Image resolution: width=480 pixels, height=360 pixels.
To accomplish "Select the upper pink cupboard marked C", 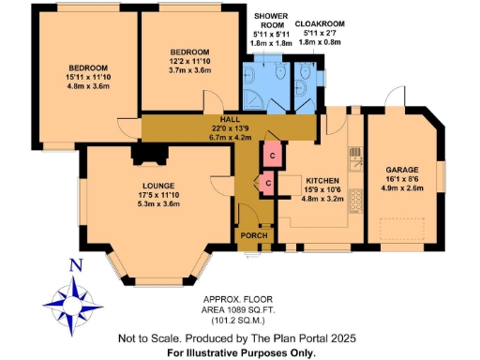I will pos(272,154).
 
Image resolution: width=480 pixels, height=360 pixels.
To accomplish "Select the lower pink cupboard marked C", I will pos(267,181).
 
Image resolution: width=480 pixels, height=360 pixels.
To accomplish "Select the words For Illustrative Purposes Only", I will pos(241,352).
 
